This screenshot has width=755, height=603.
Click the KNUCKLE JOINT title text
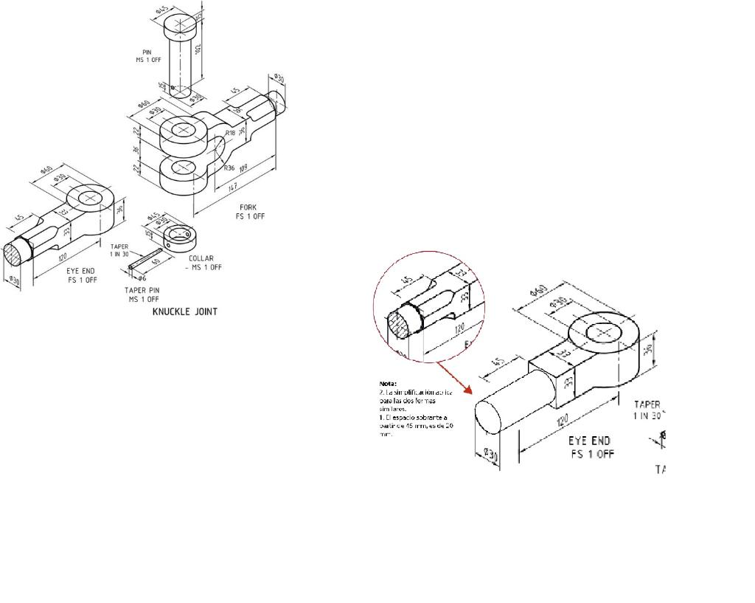click(184, 311)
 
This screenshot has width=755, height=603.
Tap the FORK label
click(248, 207)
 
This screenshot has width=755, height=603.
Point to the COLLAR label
click(201, 258)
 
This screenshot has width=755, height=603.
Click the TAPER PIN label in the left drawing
click(143, 290)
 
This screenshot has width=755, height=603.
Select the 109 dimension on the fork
click(244, 170)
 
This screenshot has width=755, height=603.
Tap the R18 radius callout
click(230, 133)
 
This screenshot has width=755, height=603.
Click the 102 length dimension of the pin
click(198, 49)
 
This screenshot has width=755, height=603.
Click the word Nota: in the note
click(388, 384)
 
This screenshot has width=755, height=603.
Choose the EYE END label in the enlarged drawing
click(589, 441)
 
